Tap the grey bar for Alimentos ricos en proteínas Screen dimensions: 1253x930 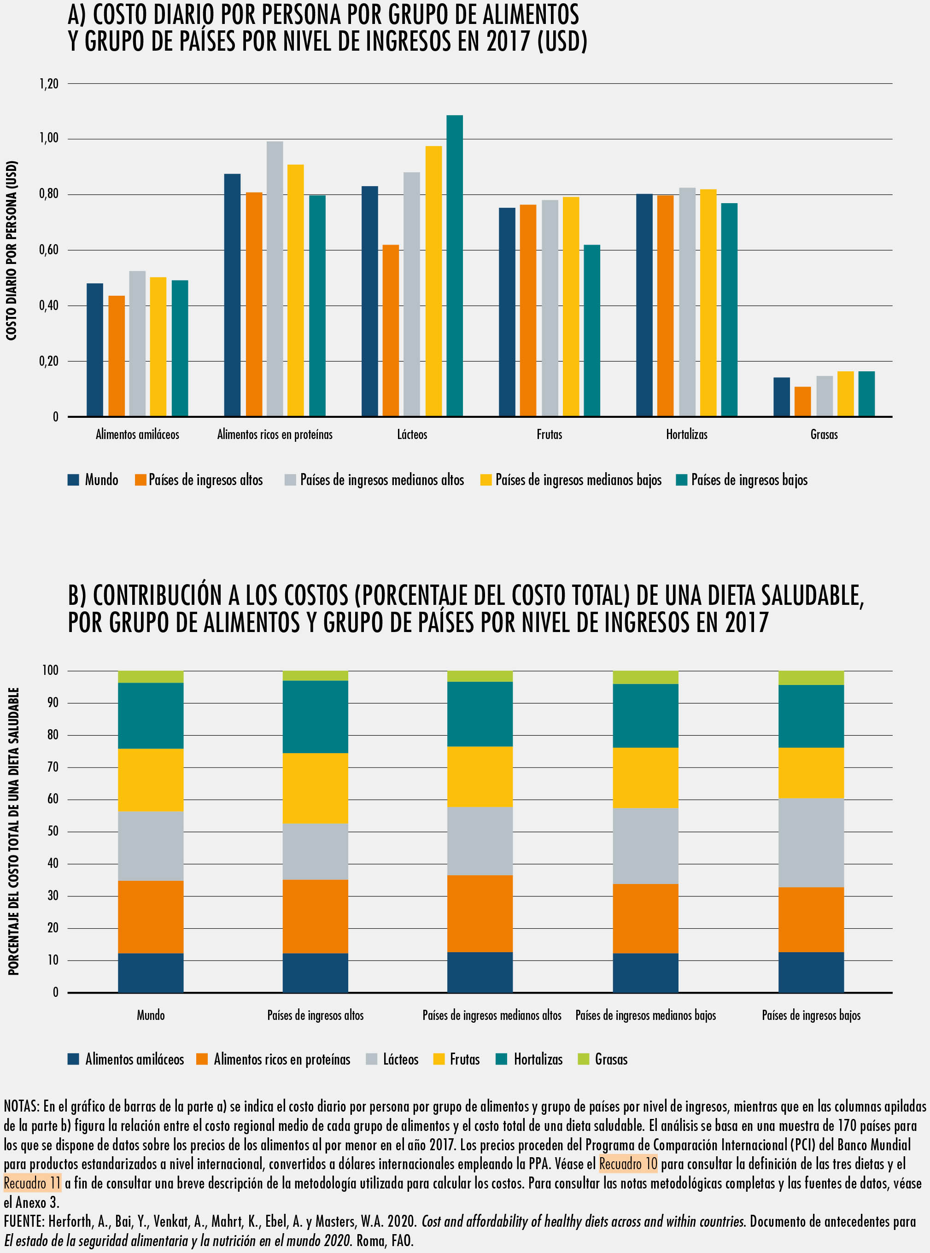pos(275,279)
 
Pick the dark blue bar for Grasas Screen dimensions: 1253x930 pos(781,397)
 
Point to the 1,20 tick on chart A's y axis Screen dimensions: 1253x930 pos(48,84)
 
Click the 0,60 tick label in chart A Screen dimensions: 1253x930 pos(48,250)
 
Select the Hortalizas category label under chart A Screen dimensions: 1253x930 pos(686,434)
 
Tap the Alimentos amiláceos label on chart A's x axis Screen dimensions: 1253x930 pos(137,434)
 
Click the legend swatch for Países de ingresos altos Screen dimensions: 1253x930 pos(140,480)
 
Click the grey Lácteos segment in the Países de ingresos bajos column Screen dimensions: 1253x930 pos(811,842)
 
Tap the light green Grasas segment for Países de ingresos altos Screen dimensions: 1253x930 pos(315,675)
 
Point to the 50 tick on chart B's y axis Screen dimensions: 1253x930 pos(53,831)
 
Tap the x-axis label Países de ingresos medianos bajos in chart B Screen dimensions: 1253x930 pos(645,1015)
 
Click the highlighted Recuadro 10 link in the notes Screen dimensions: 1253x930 pos(628,1164)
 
